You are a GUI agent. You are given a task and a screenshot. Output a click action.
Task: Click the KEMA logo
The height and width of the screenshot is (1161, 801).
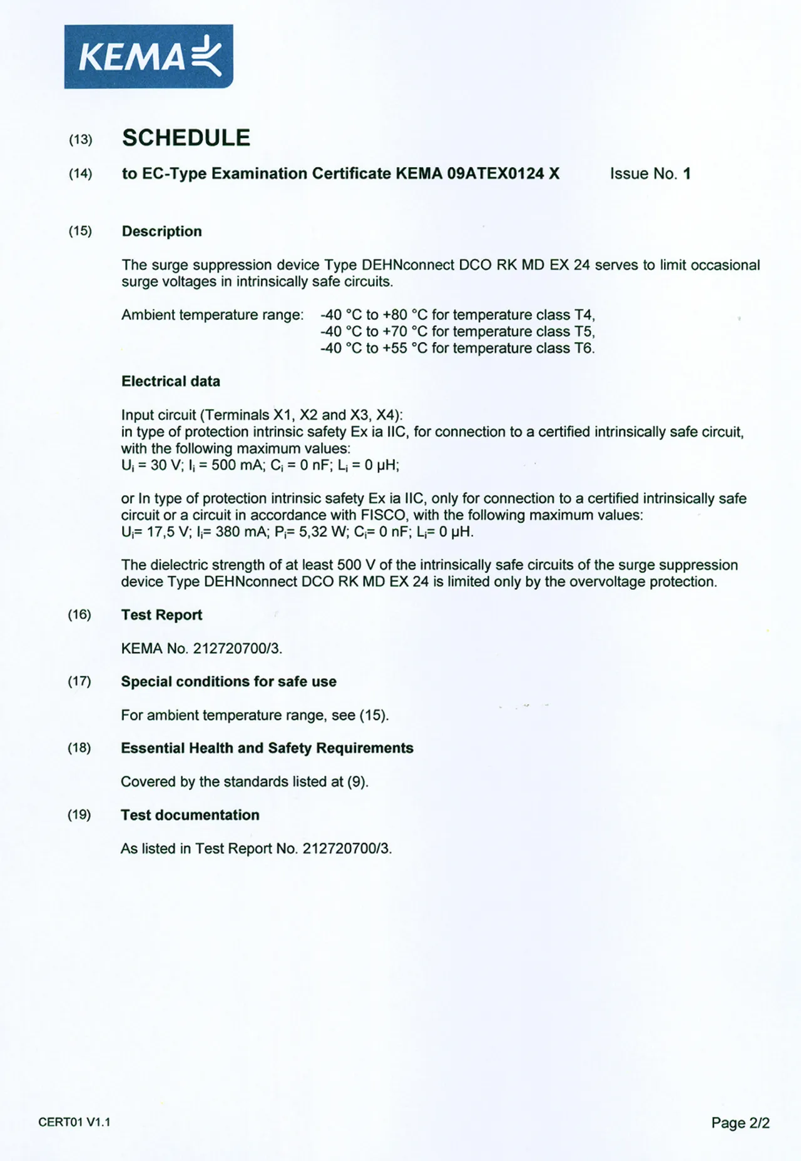click(148, 57)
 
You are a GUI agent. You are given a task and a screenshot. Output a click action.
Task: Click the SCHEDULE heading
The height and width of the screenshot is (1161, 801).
click(186, 138)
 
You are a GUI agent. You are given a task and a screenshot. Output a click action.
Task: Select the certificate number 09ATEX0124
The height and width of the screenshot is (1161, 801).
click(495, 174)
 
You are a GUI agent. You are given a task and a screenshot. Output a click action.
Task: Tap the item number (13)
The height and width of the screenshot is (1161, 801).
click(80, 139)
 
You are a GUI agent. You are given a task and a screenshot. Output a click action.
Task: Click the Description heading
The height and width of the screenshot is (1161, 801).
click(161, 231)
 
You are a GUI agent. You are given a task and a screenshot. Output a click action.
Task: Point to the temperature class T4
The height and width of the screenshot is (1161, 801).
click(584, 315)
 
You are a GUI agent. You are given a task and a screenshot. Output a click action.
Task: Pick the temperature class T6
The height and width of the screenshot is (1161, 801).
click(584, 348)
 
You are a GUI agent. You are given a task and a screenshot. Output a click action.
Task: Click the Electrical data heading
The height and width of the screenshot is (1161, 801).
click(170, 382)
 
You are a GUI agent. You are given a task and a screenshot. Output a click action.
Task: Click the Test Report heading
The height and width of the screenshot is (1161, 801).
click(161, 615)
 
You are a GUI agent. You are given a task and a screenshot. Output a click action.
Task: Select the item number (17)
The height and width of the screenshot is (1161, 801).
click(79, 681)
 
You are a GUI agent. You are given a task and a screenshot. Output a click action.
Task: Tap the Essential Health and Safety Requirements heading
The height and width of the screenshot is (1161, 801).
click(267, 748)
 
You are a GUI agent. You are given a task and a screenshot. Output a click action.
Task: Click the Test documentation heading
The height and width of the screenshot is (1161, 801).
click(190, 815)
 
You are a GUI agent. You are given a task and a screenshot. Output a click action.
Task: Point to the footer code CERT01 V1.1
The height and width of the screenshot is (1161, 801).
click(74, 1122)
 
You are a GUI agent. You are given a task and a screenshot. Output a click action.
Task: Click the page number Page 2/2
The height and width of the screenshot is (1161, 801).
click(740, 1123)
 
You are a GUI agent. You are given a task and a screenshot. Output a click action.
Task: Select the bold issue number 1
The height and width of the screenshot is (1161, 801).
click(686, 174)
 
